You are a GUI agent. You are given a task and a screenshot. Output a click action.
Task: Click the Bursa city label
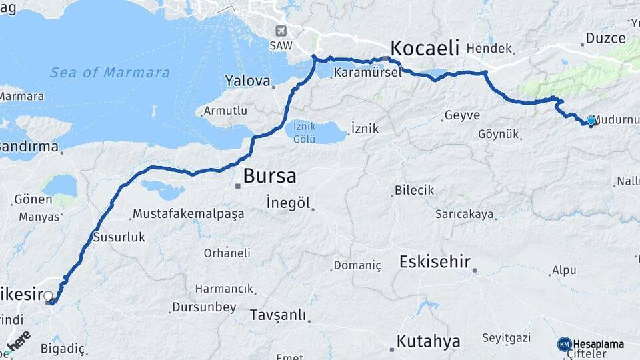click(270, 177)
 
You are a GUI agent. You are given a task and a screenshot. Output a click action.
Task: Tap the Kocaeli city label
click(425, 48)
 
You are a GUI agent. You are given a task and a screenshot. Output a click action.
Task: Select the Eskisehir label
click(435, 261)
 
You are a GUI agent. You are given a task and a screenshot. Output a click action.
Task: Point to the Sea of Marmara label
click(110, 72)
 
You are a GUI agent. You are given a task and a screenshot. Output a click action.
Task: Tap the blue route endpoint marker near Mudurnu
click(591, 121)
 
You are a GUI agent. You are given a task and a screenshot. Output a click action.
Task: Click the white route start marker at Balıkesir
click(48, 295)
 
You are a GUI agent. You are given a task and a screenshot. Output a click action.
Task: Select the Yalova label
click(247, 81)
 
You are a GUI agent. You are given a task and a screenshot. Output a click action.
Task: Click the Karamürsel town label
click(368, 73)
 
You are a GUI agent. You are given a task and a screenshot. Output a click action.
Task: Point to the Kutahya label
click(428, 341)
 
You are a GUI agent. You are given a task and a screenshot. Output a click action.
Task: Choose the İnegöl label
click(288, 203)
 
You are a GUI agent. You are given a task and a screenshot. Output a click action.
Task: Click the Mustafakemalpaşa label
click(188, 214)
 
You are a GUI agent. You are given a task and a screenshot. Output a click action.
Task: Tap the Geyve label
click(462, 115)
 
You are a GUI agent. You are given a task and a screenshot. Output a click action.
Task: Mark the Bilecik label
click(414, 190)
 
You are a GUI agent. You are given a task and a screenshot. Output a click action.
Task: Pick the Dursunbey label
click(204, 307)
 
